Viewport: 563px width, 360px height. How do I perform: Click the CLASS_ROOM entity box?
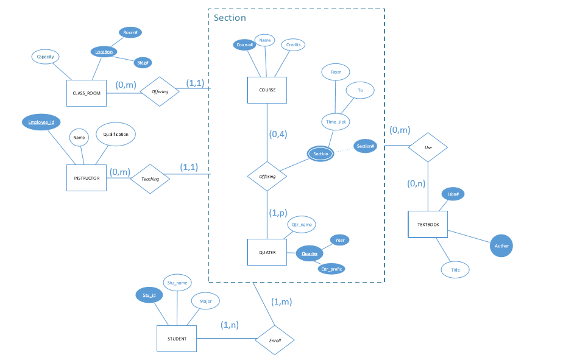pos(86,93)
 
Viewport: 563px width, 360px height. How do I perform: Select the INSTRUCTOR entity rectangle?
pos(86,178)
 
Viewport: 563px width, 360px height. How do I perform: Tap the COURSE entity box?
pos(267,90)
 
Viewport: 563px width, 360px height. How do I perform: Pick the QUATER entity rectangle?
pos(267,252)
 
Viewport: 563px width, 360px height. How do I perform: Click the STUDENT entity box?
pos(177,338)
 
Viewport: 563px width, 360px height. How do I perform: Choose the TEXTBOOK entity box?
pos(428,225)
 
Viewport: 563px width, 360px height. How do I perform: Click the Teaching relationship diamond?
pos(150,179)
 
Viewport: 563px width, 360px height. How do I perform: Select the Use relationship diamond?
pos(428,147)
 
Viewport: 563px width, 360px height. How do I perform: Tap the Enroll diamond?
pos(275,340)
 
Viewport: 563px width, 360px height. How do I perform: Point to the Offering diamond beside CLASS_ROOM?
pos(160,92)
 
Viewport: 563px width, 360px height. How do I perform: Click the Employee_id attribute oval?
pos(41,122)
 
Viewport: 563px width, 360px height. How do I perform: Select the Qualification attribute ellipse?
pos(116,134)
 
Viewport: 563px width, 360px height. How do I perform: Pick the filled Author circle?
pos(501,246)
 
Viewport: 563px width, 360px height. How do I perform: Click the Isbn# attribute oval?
pos(453,194)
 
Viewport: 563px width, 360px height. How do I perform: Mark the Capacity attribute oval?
pos(45,57)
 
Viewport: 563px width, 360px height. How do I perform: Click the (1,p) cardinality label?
pos(278,213)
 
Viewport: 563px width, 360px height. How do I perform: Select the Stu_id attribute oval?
pos(149,295)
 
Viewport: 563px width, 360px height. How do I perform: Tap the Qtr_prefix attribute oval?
pos(331,268)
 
